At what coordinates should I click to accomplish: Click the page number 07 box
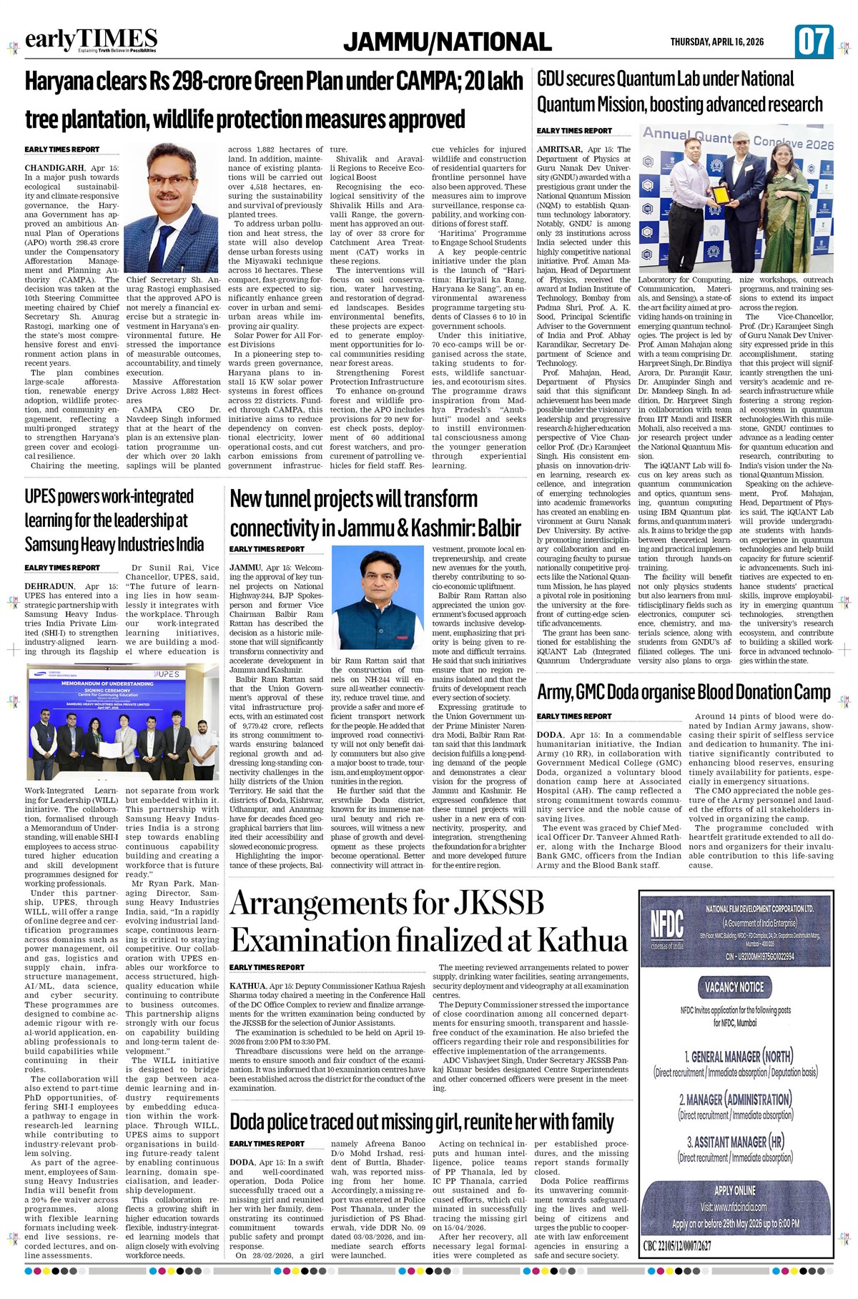pyautogui.click(x=814, y=41)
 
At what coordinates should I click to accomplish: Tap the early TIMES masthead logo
pyautogui.click(x=91, y=40)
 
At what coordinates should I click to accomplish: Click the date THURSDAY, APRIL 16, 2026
pyautogui.click(x=716, y=42)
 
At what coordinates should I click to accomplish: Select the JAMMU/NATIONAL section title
pyautogui.click(x=447, y=42)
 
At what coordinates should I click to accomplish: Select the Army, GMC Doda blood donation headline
pyautogui.click(x=684, y=692)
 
